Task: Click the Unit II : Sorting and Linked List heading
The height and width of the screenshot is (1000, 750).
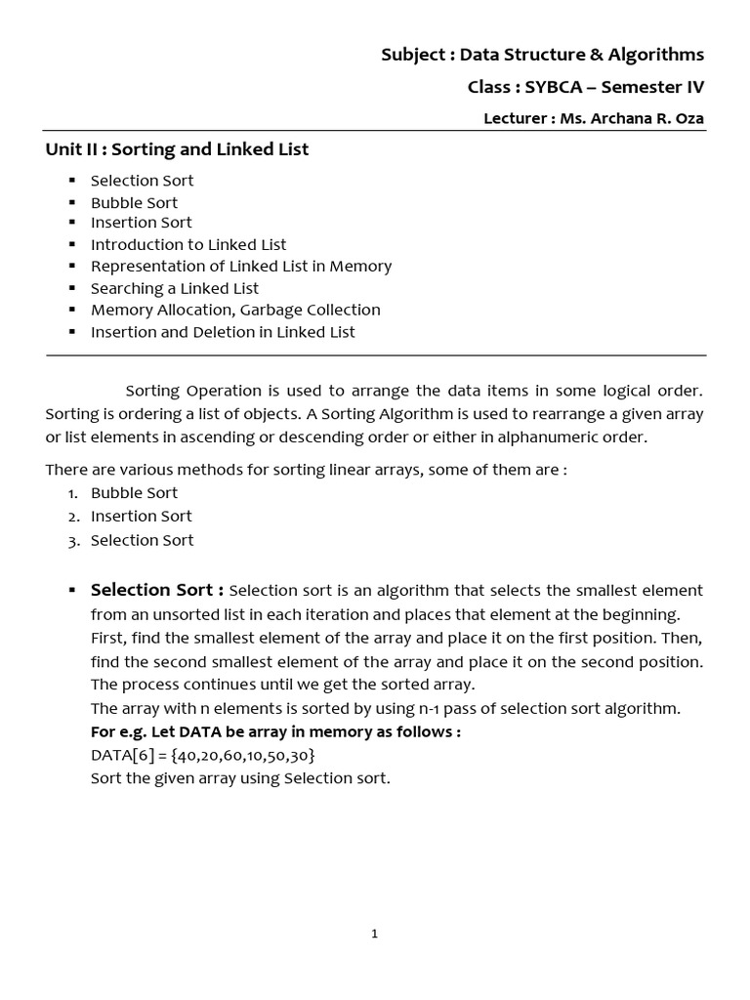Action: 177,149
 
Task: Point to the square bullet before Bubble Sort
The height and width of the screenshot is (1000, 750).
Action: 72,203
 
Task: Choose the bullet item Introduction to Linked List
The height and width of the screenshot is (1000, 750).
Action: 188,244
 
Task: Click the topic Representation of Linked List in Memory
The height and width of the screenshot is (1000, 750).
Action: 241,266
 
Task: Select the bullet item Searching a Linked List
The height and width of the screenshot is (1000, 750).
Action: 175,288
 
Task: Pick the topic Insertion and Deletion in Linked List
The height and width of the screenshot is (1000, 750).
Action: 223,332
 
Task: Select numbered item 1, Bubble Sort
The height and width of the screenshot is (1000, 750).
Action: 134,493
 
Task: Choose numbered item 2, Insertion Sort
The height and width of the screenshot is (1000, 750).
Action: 141,517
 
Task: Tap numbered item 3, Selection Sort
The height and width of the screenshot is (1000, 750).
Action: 142,540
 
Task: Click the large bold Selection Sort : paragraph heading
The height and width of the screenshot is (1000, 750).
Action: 157,590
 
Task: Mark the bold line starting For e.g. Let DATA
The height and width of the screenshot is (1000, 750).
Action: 275,731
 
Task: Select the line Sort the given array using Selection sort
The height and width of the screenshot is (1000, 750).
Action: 240,778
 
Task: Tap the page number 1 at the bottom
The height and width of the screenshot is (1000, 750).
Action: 375,935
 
